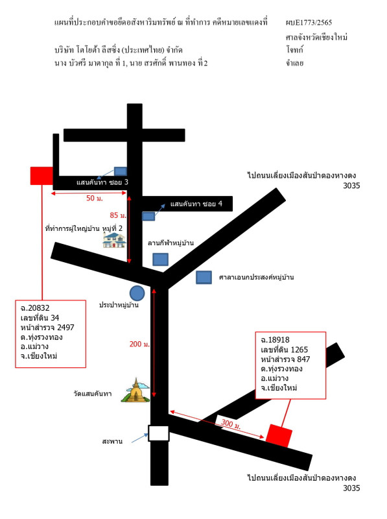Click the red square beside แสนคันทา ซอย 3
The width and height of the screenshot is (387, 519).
tap(41, 176)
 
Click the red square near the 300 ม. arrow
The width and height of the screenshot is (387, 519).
tap(279, 435)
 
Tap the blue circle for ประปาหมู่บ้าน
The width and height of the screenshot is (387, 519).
tap(137, 293)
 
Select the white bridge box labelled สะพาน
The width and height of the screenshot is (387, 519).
tap(158, 433)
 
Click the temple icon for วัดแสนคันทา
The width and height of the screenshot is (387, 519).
tap(135, 391)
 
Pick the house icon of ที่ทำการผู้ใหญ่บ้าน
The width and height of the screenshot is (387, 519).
tap(114, 240)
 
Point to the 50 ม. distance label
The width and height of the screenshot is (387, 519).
tap(95, 199)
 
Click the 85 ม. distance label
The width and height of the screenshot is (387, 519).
tap(118, 215)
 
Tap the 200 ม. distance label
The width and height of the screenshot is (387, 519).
tap(139, 344)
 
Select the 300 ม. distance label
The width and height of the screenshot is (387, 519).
tap(231, 424)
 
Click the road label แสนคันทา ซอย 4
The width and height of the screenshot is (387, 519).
tap(196, 204)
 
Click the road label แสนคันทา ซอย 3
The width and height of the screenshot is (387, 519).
tap(102, 182)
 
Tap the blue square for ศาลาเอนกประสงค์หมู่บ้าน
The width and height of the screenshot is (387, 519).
tap(204, 278)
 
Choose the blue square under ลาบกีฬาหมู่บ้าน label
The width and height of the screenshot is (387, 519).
tap(160, 259)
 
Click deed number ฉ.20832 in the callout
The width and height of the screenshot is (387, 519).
tap(35, 308)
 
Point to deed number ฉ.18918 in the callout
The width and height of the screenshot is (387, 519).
tap(276, 340)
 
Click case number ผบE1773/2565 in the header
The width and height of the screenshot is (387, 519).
tap(309, 23)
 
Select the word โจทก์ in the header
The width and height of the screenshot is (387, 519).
tap(295, 50)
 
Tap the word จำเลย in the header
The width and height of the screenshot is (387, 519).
tap(295, 63)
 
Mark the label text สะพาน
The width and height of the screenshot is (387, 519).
tap(112, 441)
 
